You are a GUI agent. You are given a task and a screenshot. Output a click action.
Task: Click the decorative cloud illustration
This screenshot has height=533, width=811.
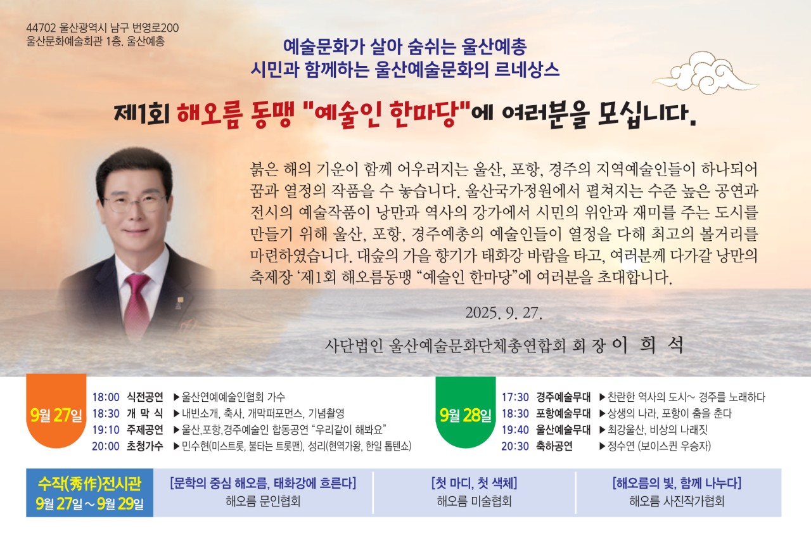click(x=705, y=74)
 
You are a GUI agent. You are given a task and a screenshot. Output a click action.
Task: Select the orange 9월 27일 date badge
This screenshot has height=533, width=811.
click(x=56, y=411)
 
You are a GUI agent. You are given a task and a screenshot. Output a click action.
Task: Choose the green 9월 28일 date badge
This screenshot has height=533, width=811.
click(x=466, y=413)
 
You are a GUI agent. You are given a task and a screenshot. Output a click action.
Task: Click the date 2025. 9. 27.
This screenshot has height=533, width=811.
click(x=504, y=313)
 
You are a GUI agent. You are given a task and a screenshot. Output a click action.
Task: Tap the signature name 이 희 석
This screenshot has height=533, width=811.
click(x=648, y=345)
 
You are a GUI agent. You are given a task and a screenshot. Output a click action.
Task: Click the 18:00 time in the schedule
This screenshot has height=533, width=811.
click(x=106, y=397)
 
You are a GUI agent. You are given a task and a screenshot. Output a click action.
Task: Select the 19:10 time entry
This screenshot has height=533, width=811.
click(x=106, y=430)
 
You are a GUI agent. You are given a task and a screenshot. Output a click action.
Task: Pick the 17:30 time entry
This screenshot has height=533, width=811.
click(x=515, y=397)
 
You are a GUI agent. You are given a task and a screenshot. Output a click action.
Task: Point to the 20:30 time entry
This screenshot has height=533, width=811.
click(x=515, y=446)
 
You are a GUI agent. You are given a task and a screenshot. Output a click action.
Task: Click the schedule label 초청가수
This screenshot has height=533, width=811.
click(x=145, y=446)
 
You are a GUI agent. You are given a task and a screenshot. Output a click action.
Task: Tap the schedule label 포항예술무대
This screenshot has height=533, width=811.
click(x=563, y=413)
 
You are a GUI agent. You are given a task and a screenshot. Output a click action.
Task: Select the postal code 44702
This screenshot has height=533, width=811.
click(x=41, y=29)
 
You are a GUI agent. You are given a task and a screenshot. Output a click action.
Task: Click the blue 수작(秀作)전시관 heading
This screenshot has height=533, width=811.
click(x=89, y=484)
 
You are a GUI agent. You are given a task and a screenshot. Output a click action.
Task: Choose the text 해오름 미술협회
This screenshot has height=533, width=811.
click(x=475, y=501)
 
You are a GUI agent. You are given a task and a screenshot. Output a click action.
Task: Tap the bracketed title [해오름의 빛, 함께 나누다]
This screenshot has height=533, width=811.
click(x=677, y=483)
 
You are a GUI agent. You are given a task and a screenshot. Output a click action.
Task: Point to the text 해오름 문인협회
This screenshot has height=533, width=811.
click(x=263, y=501)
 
